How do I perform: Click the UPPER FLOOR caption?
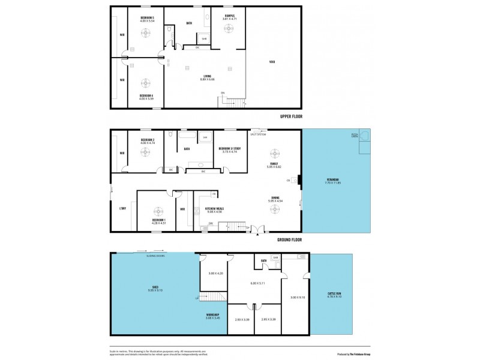click(x=291, y=116)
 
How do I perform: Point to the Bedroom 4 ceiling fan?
click(x=146, y=82)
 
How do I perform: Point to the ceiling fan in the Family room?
click(x=274, y=152)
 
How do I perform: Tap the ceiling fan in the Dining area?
click(x=274, y=208)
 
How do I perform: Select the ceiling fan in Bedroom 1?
click(x=158, y=211)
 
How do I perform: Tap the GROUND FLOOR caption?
click(x=290, y=239)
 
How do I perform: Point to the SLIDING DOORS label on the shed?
click(x=156, y=256)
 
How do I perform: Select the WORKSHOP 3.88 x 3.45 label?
click(x=212, y=316)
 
